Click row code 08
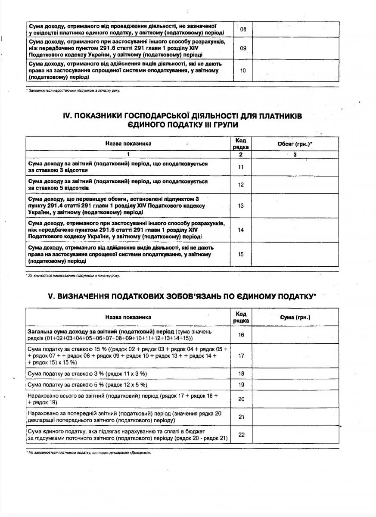pyautogui.click(x=243, y=30)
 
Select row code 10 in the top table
pyautogui.click(x=243, y=70)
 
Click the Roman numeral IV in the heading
pyautogui.click(x=58, y=116)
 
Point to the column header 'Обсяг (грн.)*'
pyautogui.click(x=295, y=143)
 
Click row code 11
pyautogui.click(x=241, y=167)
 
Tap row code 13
pyautogui.click(x=241, y=206)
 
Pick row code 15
pyautogui.click(x=241, y=254)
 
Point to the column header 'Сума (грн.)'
pyautogui.click(x=295, y=317)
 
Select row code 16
pyautogui.click(x=241, y=334)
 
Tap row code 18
pyautogui.click(x=241, y=374)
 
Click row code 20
pyautogui.click(x=241, y=399)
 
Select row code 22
pyautogui.click(x=241, y=435)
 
